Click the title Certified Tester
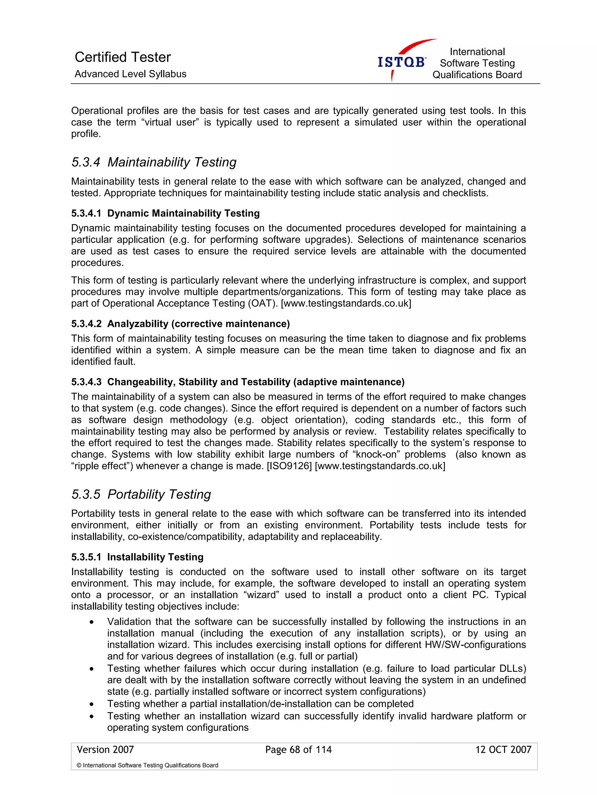(122, 57)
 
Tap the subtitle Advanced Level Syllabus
(130, 74)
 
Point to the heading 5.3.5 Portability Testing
(141, 494)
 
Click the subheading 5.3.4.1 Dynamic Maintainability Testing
(165, 213)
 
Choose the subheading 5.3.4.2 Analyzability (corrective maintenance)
(180, 323)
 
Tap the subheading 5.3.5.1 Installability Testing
(137, 557)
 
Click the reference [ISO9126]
(289, 466)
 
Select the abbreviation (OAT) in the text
(263, 303)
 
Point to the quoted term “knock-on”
(376, 454)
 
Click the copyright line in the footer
(147, 765)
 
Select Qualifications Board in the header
(477, 75)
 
